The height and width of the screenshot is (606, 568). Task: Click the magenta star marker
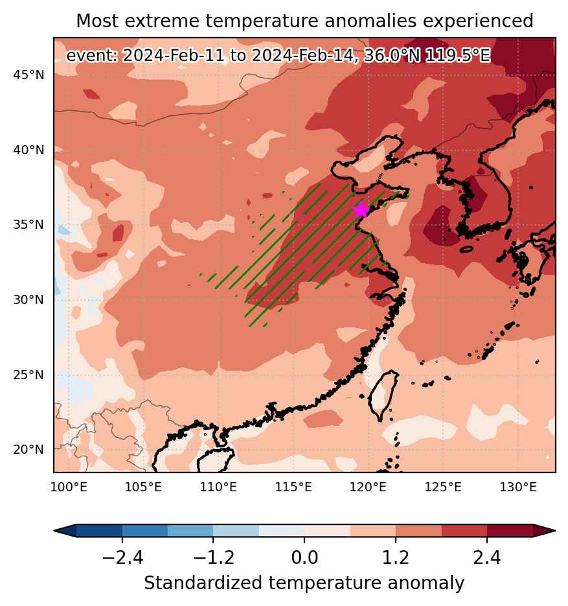[361, 210]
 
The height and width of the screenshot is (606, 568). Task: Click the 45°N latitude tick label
[28, 75]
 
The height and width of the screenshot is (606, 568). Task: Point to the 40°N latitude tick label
[28, 150]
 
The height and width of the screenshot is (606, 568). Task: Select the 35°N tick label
[28, 224]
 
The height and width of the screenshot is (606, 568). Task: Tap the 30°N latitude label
[28, 299]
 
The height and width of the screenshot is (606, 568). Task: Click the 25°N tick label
[28, 375]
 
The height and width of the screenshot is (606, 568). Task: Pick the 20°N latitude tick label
[28, 449]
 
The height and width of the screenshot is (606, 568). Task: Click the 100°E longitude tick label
[69, 487]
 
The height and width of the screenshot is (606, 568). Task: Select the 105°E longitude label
[143, 487]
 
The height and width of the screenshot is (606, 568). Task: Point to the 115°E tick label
[293, 487]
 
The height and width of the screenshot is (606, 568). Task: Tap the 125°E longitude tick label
[443, 487]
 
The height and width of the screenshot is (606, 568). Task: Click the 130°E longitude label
[518, 487]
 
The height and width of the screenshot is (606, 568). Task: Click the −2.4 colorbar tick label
[122, 557]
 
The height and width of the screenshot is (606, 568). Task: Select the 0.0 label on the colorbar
[304, 557]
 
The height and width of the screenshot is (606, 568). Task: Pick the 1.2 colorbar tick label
[396, 557]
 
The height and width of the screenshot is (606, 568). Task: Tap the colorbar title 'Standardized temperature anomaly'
[304, 583]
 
